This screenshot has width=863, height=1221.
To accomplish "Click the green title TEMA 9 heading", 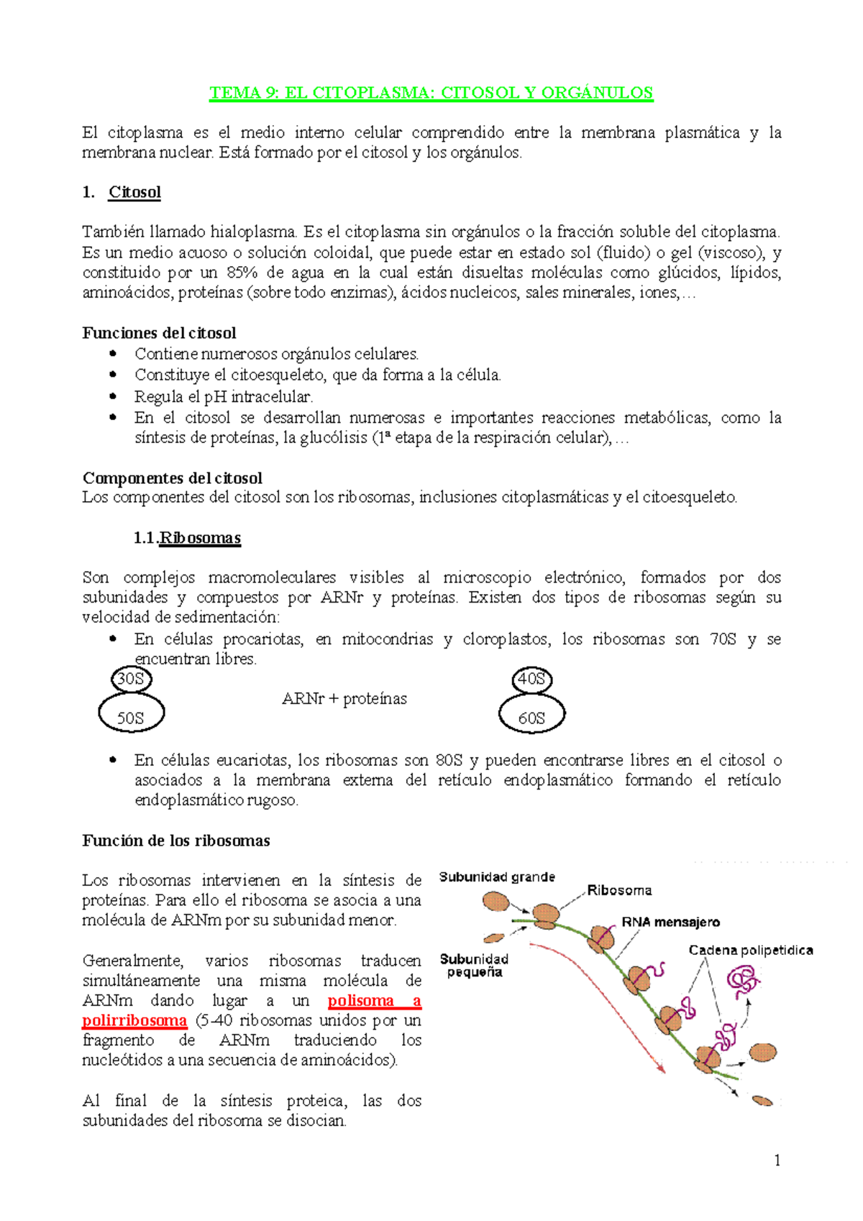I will (431, 93).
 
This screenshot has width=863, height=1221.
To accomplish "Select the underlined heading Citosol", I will (134, 192).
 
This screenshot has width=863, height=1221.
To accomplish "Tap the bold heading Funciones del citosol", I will (159, 333).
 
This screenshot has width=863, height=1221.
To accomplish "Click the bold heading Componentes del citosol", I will (172, 478).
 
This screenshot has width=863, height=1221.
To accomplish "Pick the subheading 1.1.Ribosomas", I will (188, 538).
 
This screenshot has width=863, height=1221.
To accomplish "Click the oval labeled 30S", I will (131, 679).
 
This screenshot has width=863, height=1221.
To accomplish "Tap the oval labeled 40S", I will (531, 679).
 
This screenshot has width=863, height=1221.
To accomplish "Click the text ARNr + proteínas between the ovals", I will (344, 699).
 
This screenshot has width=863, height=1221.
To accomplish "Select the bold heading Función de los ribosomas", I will (175, 841).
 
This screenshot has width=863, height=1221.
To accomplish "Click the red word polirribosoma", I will (134, 1020).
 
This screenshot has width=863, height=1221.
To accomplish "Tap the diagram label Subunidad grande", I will (497, 877).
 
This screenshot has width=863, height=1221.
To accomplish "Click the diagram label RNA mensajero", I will (670, 922).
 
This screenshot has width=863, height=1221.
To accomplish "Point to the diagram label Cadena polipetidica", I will (750, 950).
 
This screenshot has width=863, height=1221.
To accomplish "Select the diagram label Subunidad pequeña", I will (474, 965).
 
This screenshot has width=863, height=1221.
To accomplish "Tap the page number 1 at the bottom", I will (777, 1160).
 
